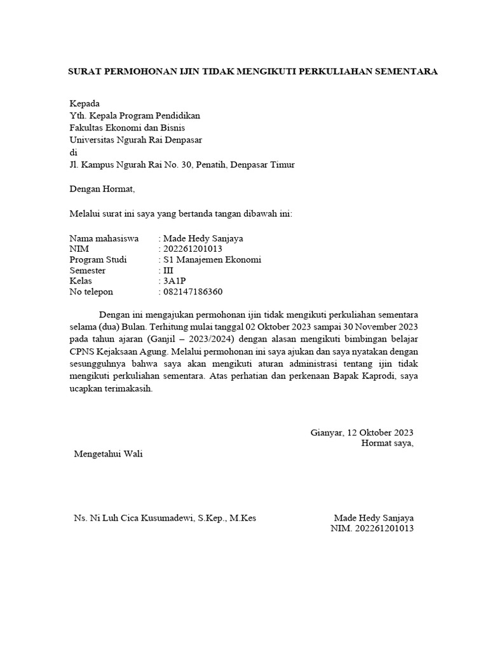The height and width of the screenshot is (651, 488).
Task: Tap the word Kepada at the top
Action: point(85,104)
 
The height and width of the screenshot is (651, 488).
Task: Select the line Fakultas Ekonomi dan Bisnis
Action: point(127,128)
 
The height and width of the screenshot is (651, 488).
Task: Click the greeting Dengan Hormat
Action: point(102,189)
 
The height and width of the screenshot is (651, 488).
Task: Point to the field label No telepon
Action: point(91,292)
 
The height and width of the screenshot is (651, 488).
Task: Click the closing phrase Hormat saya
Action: point(387,443)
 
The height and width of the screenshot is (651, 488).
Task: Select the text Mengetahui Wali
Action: point(109,454)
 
